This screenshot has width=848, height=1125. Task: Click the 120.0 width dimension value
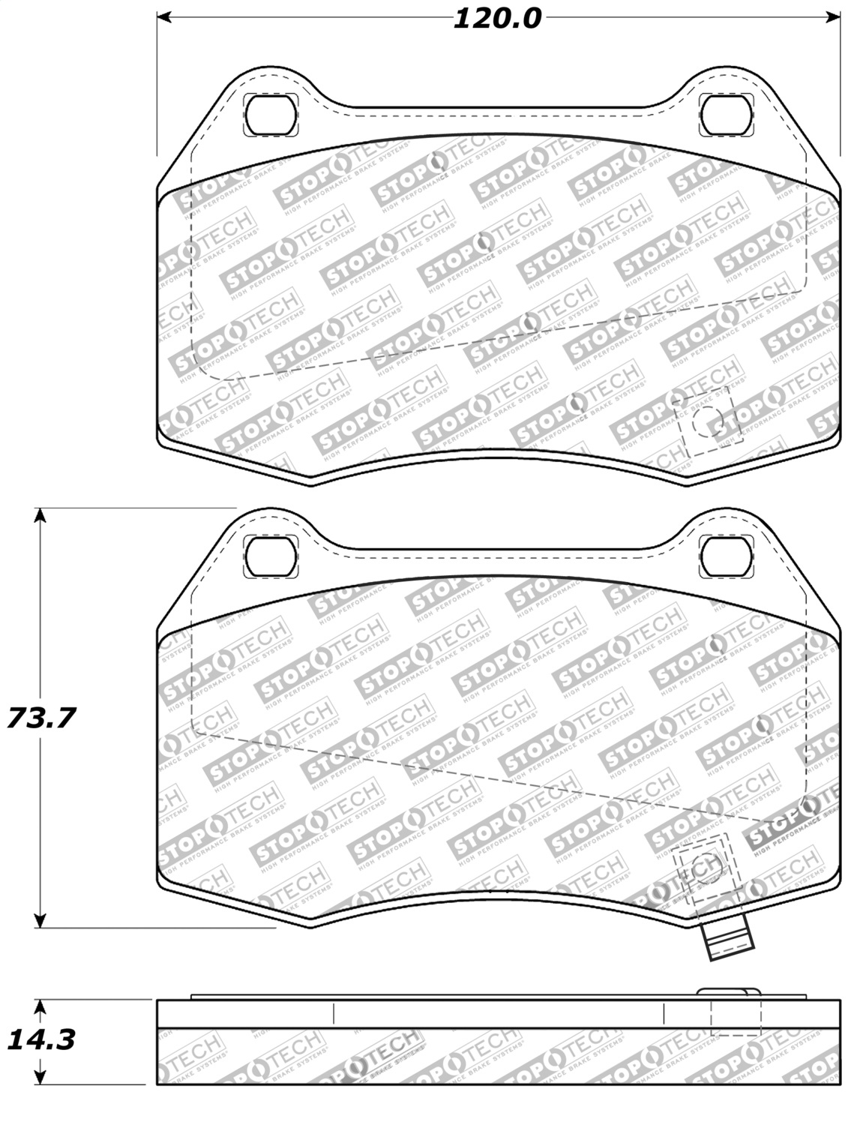coord(496,18)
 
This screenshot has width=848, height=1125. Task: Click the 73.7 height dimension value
coord(41,718)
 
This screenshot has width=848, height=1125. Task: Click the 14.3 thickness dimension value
coord(41,1040)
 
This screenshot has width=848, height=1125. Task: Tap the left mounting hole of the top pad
coord(271,115)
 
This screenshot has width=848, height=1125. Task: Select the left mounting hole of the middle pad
coord(271,556)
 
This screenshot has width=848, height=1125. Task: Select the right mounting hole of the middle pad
coord(725,556)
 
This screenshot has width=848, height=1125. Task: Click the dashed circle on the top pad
coord(706,422)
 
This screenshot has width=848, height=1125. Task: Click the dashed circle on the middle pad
coord(706,868)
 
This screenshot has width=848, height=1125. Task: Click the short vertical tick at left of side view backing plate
coord(334,1013)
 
